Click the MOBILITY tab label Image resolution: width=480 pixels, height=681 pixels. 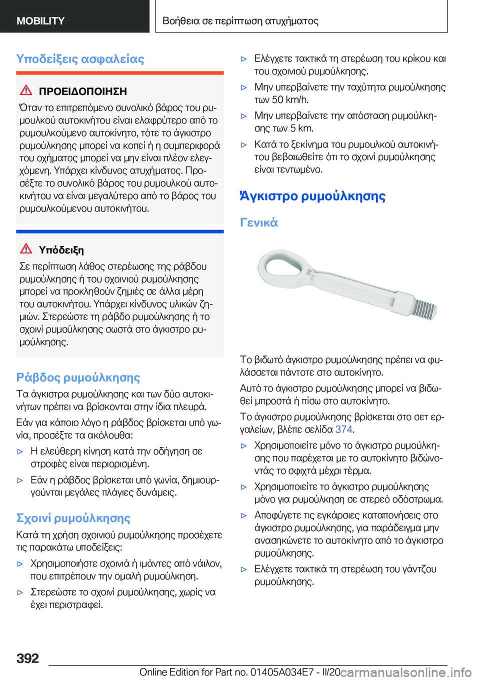40,21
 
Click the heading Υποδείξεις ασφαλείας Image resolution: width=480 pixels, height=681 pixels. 80,59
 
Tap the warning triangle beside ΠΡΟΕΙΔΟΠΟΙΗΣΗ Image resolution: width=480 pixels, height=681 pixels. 26,90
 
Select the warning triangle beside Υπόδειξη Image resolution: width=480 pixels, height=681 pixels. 26,248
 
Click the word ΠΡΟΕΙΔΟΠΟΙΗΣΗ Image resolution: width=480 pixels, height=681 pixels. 82,91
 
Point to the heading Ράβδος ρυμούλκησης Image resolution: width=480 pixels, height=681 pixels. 78,377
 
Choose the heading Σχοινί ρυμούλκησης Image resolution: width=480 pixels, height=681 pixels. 73,518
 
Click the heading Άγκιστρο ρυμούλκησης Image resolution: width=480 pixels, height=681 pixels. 312,196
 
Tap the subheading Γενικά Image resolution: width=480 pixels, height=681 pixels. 258,222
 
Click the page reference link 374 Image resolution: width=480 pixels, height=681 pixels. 343,429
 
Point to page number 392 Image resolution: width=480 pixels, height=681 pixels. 27,658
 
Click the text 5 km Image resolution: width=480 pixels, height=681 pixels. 302,128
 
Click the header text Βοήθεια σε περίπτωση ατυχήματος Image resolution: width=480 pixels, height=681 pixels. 240,21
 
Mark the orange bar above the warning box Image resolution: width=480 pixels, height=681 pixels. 119,73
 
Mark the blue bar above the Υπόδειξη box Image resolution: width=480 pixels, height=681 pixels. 119,231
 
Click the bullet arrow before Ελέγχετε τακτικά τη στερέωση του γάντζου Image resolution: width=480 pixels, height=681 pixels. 244,569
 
